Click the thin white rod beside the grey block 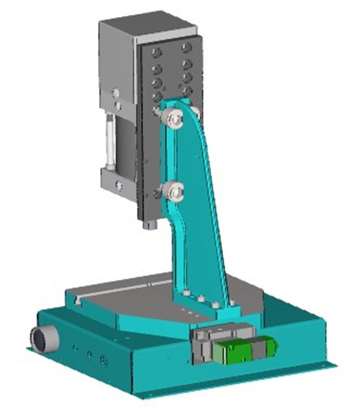pyautogui.click(x=110, y=141)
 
